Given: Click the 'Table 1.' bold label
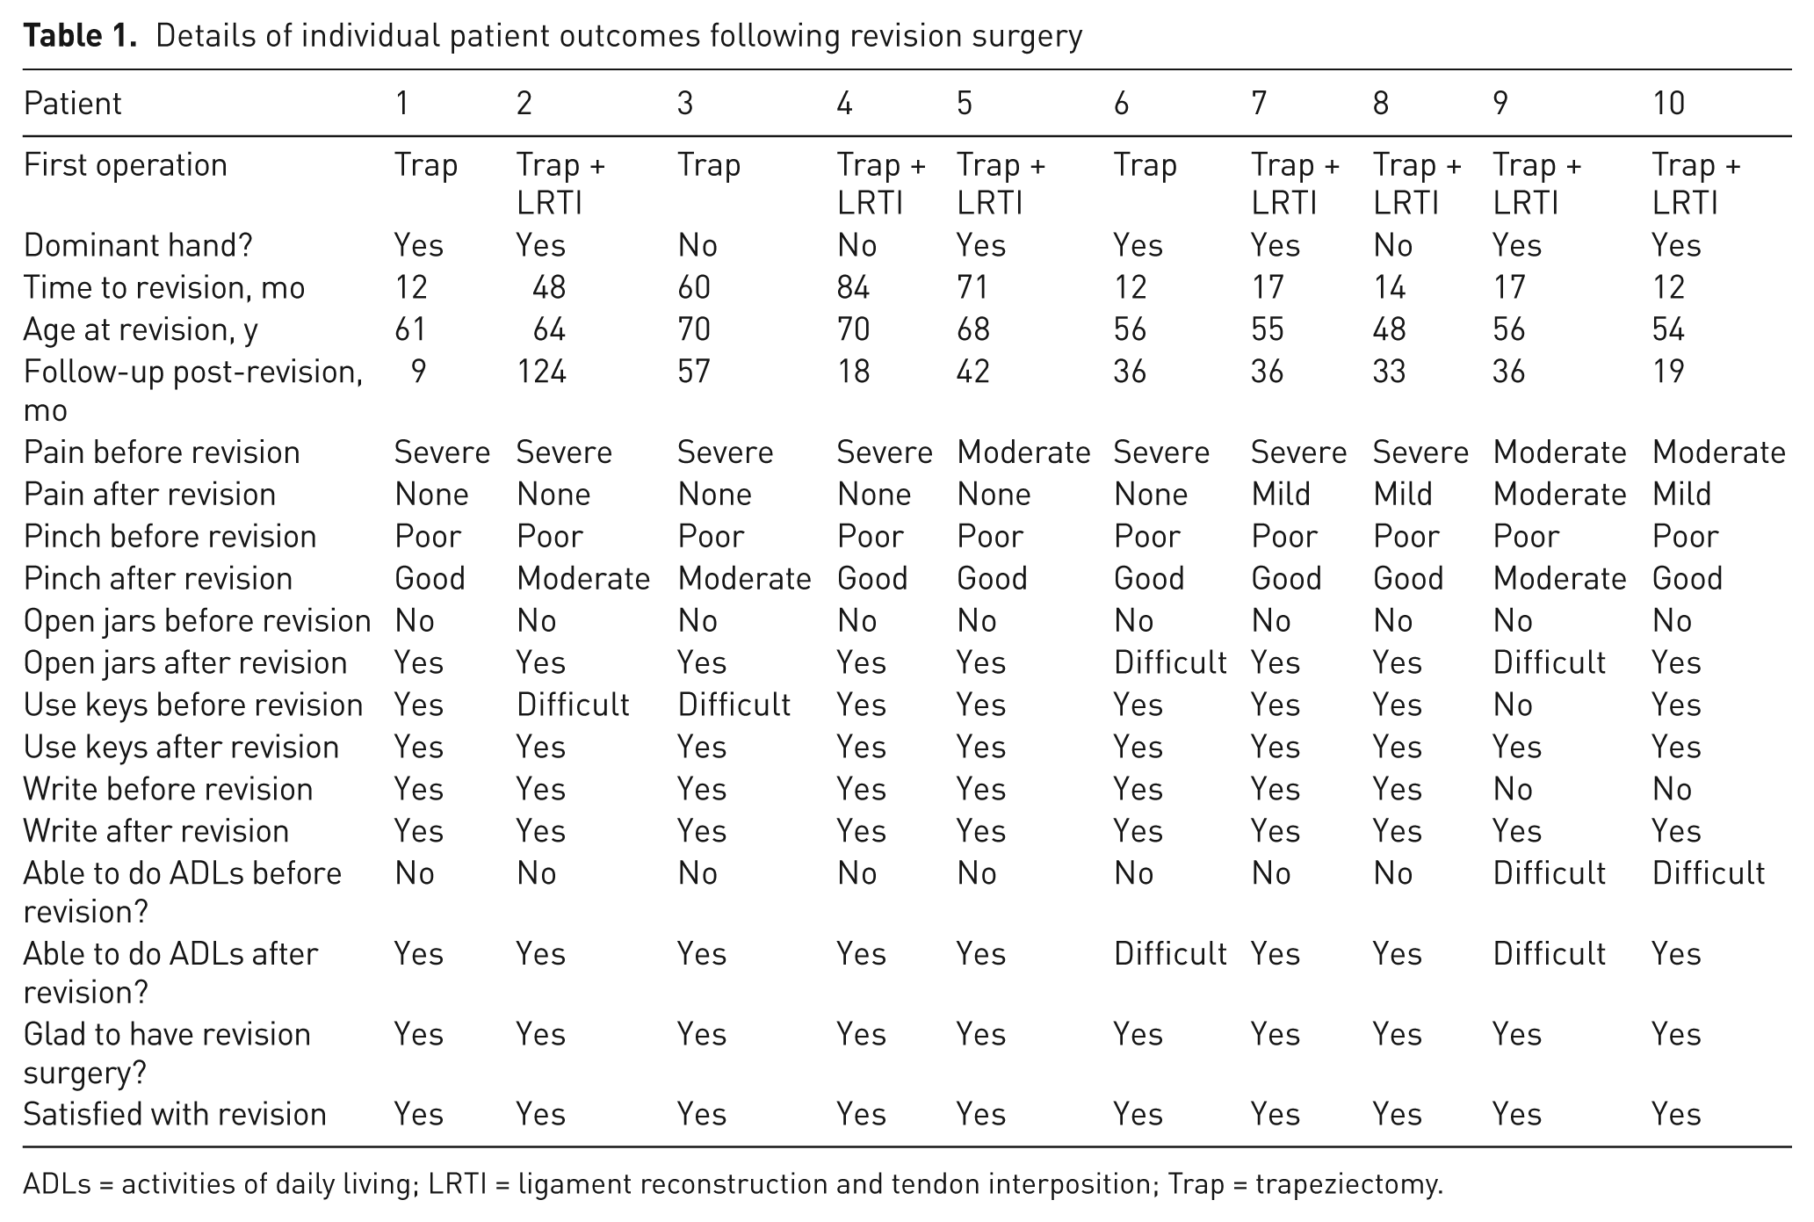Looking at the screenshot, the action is pyautogui.click(x=81, y=36).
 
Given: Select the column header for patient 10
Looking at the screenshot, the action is pyautogui.click(x=1668, y=104).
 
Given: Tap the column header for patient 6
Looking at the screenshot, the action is pyautogui.click(x=1121, y=104).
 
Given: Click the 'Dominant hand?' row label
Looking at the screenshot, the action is pyautogui.click(x=138, y=245).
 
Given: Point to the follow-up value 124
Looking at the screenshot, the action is pyautogui.click(x=541, y=372).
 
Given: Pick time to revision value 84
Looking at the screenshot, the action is pyautogui.click(x=853, y=287).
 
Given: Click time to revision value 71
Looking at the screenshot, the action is pyautogui.click(x=972, y=287).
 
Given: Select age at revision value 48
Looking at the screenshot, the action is pyautogui.click(x=1389, y=329).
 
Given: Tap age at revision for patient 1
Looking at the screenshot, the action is pyautogui.click(x=410, y=329).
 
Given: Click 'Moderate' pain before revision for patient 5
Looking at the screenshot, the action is pyautogui.click(x=1023, y=452).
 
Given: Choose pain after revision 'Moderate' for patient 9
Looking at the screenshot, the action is pyautogui.click(x=1559, y=495).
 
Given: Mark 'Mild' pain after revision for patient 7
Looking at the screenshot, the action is pyautogui.click(x=1281, y=495).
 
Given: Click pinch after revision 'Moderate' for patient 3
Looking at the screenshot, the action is pyautogui.click(x=744, y=579).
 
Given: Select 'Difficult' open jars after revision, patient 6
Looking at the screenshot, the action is pyautogui.click(x=1170, y=662).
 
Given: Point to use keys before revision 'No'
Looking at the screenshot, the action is pyautogui.click(x=1513, y=705).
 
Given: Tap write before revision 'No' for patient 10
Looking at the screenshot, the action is pyautogui.click(x=1672, y=789).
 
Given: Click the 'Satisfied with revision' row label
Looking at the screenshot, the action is pyautogui.click(x=175, y=1114).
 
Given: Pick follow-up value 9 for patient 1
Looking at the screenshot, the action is pyautogui.click(x=418, y=372).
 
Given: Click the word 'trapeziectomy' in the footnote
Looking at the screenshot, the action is pyautogui.click(x=1348, y=1185).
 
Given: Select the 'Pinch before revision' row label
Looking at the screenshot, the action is pyautogui.click(x=170, y=537).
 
